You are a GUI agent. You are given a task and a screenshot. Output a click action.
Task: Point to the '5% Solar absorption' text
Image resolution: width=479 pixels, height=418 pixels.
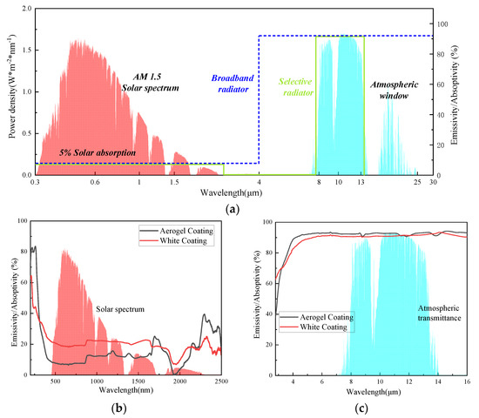(x=98, y=152)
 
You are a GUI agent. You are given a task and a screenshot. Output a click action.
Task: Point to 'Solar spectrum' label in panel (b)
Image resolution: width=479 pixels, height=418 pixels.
(x=121, y=309)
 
